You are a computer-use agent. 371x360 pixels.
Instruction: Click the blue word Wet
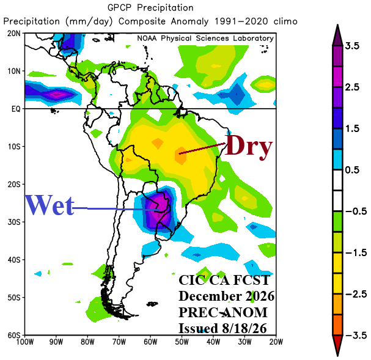[x=50, y=205]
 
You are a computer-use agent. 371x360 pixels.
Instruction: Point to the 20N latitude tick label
[x=14, y=34]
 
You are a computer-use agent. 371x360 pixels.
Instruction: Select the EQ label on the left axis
[x=16, y=109]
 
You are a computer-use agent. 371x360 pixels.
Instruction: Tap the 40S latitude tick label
[x=14, y=260]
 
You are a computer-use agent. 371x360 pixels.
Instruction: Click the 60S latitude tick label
[x=14, y=336]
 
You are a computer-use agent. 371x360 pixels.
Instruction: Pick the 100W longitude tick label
[x=25, y=342]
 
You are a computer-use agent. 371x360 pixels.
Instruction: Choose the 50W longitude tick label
[x=182, y=342]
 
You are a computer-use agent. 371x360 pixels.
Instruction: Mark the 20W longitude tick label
[x=276, y=342]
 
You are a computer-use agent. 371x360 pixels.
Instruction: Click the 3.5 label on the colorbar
[x=352, y=46]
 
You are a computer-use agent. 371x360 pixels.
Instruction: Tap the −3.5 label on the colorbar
[x=356, y=336]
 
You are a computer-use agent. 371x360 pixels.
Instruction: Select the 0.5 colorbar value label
[x=352, y=170]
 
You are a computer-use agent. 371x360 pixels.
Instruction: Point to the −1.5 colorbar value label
[x=356, y=253]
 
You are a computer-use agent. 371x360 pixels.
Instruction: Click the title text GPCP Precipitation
[x=150, y=8]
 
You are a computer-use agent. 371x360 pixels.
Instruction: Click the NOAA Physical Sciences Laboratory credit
[x=205, y=39]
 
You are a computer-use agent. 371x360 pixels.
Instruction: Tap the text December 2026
[x=226, y=296]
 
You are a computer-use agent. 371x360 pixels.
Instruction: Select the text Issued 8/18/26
[x=222, y=328]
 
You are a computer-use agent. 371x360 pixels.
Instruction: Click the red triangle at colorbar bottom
[x=337, y=345]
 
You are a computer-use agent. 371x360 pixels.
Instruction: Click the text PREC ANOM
[x=223, y=312]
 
